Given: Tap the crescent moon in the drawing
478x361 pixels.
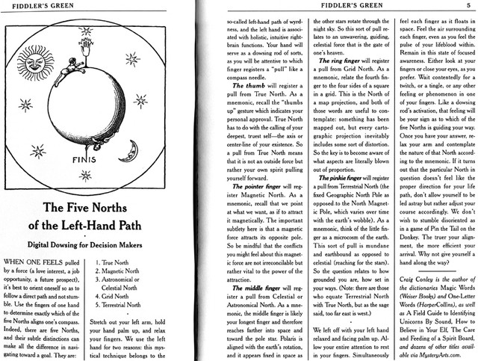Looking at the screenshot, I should click(x=131, y=152).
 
